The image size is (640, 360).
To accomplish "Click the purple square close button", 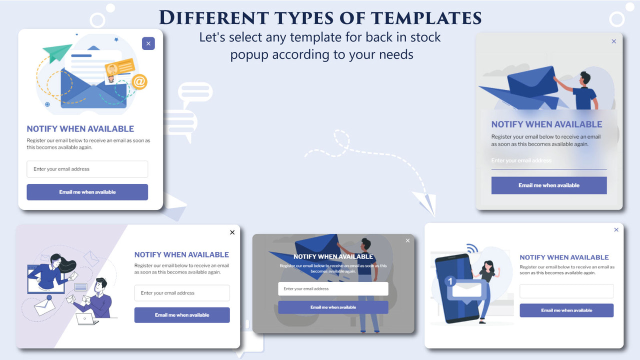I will pos(148,43).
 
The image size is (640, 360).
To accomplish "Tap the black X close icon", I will pos(232,232).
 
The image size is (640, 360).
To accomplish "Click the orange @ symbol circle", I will pos(139,81).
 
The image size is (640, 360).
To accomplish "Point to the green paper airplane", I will pos(57,51).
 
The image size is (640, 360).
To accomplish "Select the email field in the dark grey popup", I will pos(333,288).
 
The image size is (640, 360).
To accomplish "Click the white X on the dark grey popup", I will pos(407,241).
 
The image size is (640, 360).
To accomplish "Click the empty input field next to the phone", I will pos(566,291).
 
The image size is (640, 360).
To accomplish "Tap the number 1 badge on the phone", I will pos(450,281).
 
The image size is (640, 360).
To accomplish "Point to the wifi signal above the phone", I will pos(472,248).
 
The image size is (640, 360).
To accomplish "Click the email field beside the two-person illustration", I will pos(182,293).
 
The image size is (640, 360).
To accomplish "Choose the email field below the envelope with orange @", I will pos(87,169).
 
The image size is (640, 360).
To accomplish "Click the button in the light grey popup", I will pos(549,185).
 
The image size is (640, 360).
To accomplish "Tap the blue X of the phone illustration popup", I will pos(616,230).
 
